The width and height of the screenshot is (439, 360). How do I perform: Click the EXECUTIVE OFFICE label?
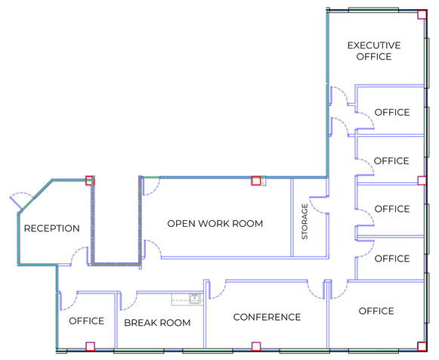pyautogui.click(x=374, y=51)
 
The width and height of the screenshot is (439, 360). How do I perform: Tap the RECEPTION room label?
pyautogui.click(x=52, y=228)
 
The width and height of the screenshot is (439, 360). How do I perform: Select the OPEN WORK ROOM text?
pyautogui.click(x=215, y=224)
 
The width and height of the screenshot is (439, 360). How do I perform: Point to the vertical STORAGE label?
pyautogui.click(x=305, y=222)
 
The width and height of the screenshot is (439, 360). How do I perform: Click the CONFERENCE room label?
pyautogui.click(x=267, y=317)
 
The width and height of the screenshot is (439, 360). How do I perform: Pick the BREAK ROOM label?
pyautogui.click(x=157, y=323)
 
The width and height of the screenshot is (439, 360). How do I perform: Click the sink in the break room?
pyautogui.click(x=195, y=299)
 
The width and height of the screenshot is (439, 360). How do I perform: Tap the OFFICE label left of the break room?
pyautogui.click(x=86, y=321)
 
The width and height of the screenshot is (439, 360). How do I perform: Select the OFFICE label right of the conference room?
pyautogui.click(x=376, y=311)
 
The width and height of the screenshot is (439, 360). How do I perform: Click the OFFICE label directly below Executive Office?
pyautogui.click(x=392, y=113)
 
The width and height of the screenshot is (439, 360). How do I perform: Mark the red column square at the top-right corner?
pyautogui.click(x=422, y=14)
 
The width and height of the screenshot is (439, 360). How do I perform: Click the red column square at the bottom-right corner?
pyautogui.click(x=422, y=346)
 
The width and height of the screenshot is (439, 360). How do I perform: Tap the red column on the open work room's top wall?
pyautogui.click(x=256, y=181)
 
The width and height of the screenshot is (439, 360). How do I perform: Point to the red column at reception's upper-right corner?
pyautogui.click(x=90, y=181)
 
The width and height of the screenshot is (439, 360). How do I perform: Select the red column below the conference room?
pyautogui.click(x=256, y=346)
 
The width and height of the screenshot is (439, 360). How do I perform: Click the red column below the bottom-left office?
pyautogui.click(x=90, y=346)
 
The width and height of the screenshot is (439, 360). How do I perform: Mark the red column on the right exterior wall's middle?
pyautogui.click(x=422, y=181)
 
